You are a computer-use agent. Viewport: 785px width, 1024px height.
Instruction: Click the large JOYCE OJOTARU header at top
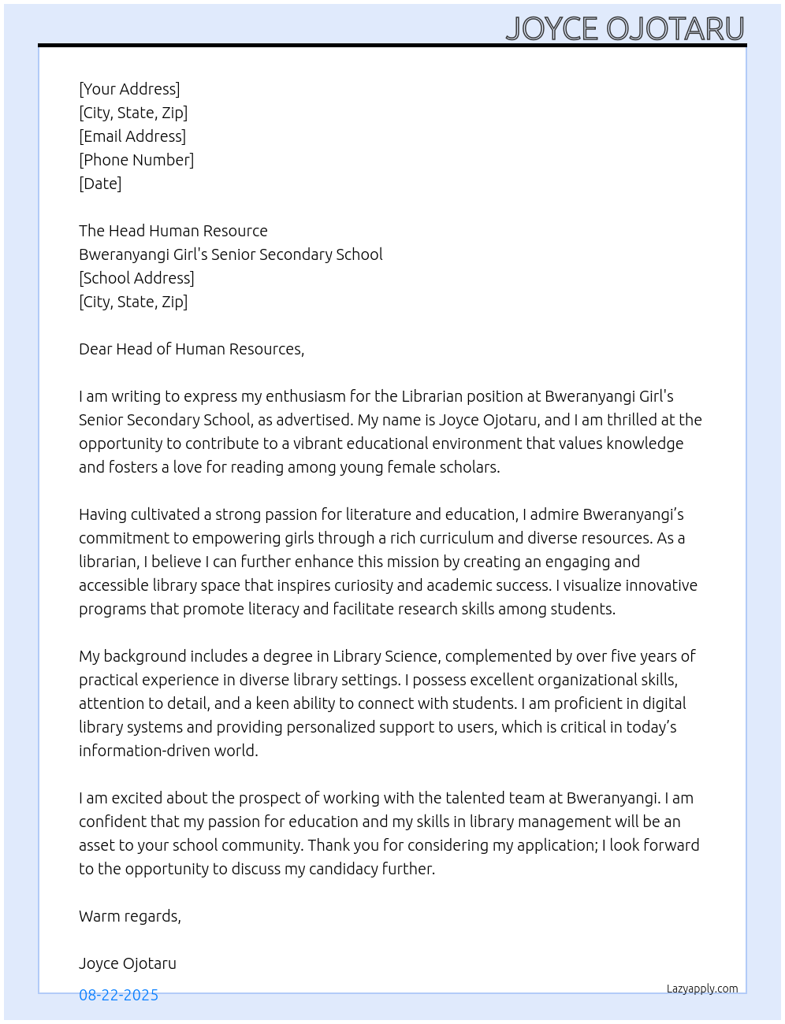click(624, 28)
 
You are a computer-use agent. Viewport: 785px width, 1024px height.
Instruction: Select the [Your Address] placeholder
click(129, 89)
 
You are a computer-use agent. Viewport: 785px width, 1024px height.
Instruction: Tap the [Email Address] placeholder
click(132, 136)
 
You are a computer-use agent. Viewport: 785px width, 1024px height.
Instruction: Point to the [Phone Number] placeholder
click(136, 160)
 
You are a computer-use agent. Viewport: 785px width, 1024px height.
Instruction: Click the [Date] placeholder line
click(100, 184)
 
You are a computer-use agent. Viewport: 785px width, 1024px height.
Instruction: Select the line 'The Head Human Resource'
click(173, 231)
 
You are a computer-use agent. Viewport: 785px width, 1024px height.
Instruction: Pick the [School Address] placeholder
click(136, 278)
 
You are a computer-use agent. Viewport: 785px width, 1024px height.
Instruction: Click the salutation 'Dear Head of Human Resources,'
click(192, 349)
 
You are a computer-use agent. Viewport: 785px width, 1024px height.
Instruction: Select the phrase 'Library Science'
click(385, 656)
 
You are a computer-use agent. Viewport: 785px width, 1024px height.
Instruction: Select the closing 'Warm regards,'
click(130, 916)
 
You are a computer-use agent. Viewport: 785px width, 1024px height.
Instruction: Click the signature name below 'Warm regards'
click(128, 963)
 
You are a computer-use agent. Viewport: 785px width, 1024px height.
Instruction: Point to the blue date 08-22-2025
click(118, 995)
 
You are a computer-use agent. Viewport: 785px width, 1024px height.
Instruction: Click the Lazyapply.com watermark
click(702, 989)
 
